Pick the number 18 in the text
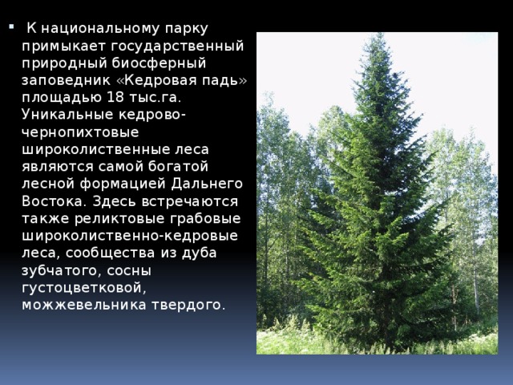coord(114,97)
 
